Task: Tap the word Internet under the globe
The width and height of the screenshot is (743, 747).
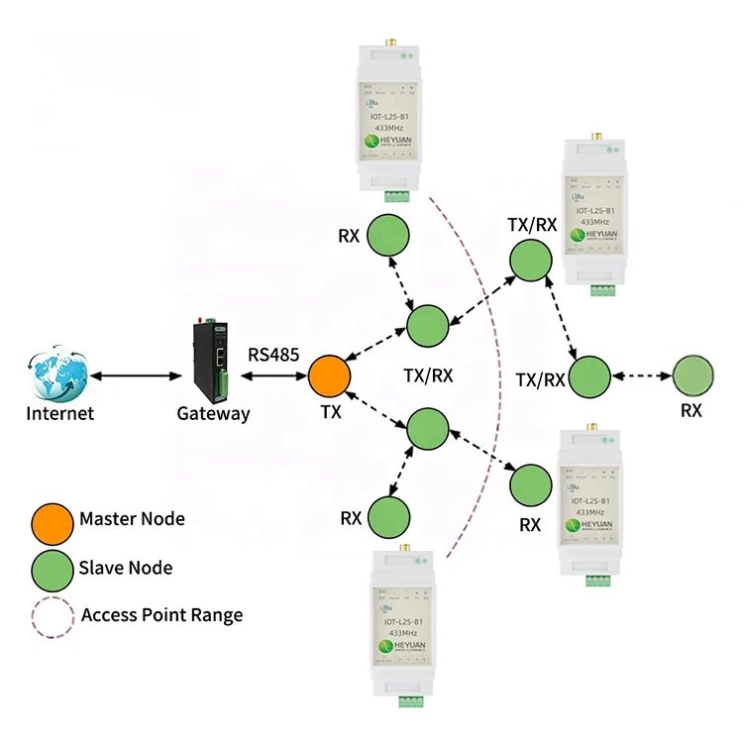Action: (59, 413)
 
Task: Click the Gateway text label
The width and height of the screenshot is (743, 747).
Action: (212, 413)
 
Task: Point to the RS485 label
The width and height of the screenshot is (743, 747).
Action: (273, 353)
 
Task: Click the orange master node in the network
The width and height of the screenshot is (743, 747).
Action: (329, 376)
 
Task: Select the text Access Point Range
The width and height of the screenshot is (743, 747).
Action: (161, 615)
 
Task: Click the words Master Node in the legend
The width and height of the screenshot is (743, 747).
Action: (132, 518)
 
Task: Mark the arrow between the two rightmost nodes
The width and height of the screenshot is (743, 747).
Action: (641, 375)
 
